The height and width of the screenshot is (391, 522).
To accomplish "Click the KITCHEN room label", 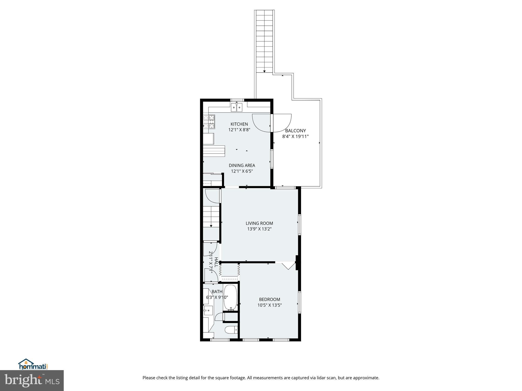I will tap(239, 124).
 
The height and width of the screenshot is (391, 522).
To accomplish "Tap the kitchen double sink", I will tap(237, 107).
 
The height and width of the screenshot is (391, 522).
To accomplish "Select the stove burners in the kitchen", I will tap(209, 121).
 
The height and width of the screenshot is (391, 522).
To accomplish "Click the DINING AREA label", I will tap(242, 165).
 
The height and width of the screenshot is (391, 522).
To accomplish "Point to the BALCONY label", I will tap(295, 131).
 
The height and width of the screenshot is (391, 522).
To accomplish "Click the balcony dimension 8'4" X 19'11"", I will tap(295, 136).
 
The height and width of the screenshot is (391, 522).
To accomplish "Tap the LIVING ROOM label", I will tap(259, 223).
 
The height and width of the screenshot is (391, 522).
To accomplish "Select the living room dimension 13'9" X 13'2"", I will tap(259, 229).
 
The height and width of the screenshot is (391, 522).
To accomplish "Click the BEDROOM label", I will tap(269, 299).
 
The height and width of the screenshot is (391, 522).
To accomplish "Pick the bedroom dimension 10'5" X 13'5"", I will tap(269, 305).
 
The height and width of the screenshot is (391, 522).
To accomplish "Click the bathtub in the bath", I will tap(230, 297).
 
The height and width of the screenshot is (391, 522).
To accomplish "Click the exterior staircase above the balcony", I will tap(264, 41).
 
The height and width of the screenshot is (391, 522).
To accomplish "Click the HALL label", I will tap(216, 262).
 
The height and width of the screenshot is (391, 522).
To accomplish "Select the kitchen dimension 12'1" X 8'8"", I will tap(239, 130).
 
